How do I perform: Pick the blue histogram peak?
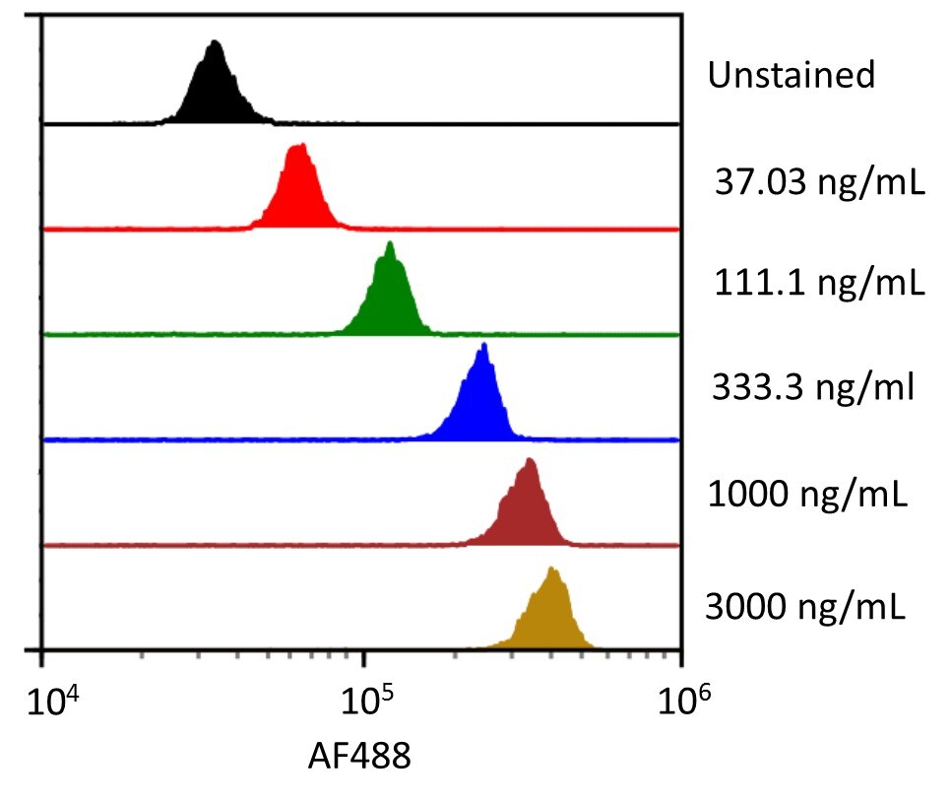480,399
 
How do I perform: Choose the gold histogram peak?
553,611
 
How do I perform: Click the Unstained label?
791,75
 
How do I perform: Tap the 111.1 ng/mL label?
819,284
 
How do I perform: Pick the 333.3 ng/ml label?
813,387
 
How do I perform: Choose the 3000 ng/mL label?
805,604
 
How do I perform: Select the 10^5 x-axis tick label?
363,703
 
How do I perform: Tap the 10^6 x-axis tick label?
682,703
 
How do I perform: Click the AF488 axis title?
359,757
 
